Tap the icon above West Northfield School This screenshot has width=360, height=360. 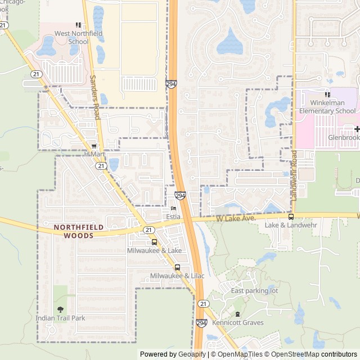(x=78, y=25)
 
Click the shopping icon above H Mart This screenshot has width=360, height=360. (x=94, y=146)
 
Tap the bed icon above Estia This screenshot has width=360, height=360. (x=173, y=208)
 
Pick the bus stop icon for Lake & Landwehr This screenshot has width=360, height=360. (x=291, y=217)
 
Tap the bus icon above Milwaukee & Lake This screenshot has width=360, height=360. (x=154, y=242)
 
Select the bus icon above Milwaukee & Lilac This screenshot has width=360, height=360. (x=177, y=267)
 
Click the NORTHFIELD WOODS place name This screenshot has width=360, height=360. (x=74, y=231)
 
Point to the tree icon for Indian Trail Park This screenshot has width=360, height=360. (x=60, y=309)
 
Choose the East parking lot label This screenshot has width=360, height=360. (x=254, y=291)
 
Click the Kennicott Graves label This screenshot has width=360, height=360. (x=237, y=323)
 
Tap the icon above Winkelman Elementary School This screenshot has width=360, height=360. (x=327, y=94)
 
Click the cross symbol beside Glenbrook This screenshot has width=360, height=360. (x=357, y=129)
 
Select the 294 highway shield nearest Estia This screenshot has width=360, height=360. (x=180, y=196)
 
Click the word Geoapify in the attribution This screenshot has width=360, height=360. (x=191, y=354)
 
